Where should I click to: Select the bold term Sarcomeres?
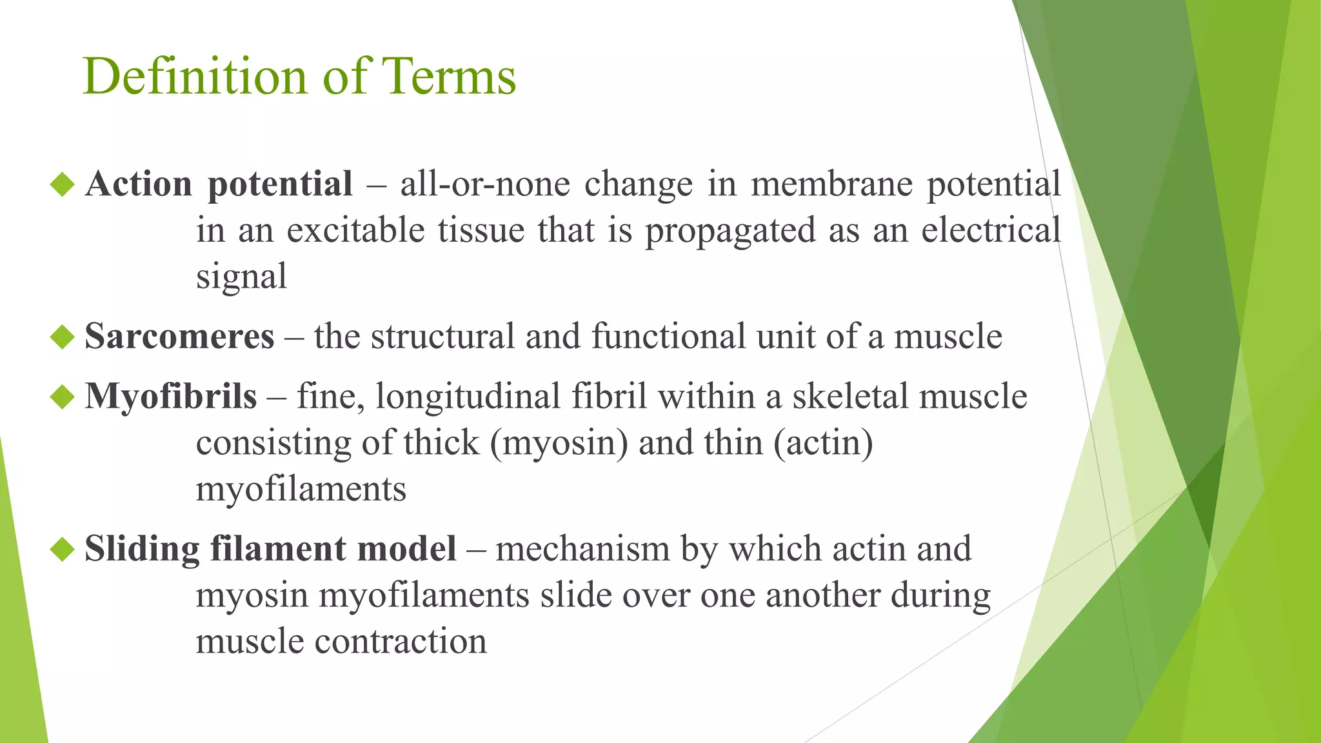(x=179, y=337)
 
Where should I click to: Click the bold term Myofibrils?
(x=171, y=396)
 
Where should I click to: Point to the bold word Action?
(x=139, y=184)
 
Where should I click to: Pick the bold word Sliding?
(x=142, y=550)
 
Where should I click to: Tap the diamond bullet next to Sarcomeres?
(x=63, y=337)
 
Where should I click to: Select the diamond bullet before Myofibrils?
(x=63, y=396)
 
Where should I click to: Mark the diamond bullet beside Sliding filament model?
(x=63, y=549)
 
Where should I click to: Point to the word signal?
(x=241, y=277)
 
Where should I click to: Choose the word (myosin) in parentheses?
(x=559, y=443)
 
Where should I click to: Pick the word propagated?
(x=731, y=231)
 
